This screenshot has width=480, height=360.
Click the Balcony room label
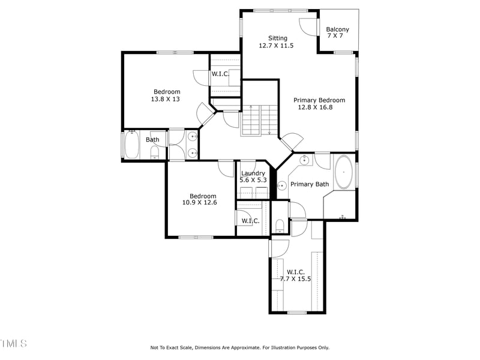point(337,29)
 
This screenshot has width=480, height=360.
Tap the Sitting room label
point(277,38)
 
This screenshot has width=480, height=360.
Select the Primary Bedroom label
point(319,100)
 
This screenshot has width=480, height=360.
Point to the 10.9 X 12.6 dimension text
point(199,203)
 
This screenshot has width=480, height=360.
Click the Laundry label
point(253,173)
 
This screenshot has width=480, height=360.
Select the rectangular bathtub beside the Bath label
point(131,145)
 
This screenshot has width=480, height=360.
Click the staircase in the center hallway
point(260,120)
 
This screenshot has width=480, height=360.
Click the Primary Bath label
point(309,184)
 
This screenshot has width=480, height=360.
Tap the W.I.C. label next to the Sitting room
point(219,74)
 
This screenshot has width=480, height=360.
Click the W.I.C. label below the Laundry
point(250,221)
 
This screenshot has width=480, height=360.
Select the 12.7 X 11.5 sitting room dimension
point(276,46)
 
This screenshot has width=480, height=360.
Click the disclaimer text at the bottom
point(239,347)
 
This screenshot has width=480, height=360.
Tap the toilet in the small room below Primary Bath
point(279,226)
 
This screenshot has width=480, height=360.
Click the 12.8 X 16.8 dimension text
point(314,107)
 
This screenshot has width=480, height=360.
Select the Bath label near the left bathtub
point(152,140)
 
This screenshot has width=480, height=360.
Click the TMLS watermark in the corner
point(13,343)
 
